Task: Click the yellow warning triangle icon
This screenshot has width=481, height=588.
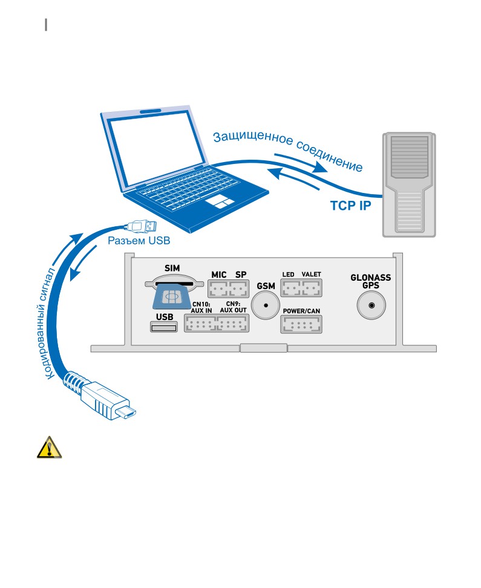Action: [x=49, y=447]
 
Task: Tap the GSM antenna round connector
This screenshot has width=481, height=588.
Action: [x=266, y=305]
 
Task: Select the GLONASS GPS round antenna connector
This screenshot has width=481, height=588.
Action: [x=371, y=305]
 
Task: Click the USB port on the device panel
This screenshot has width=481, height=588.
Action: [x=163, y=327]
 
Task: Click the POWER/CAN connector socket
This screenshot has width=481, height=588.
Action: [x=301, y=324]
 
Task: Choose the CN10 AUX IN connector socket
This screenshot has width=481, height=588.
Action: [x=200, y=323]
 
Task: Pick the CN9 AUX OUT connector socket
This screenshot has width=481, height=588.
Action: [x=233, y=323]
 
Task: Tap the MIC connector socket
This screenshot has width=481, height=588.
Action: [x=218, y=289]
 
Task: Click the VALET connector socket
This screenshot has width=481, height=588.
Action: [x=312, y=288]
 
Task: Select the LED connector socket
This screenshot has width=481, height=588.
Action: [x=291, y=288]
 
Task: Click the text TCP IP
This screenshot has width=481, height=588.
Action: [x=350, y=206]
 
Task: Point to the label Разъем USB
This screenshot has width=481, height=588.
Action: [x=139, y=240]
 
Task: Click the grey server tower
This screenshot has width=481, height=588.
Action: [x=409, y=185]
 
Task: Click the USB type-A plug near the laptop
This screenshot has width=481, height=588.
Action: [x=141, y=226]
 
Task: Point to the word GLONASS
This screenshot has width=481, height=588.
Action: [x=371, y=278]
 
